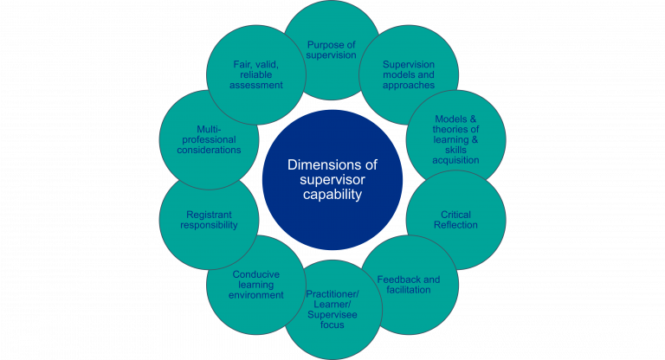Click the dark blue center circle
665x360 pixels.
tap(332, 180)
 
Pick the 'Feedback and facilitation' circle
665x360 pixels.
tap(409, 285)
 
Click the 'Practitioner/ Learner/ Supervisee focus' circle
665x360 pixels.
tap(332, 310)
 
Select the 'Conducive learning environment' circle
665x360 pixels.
tap(256, 285)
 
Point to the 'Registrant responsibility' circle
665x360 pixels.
tap(210, 220)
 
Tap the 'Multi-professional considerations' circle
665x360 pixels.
tap(210, 139)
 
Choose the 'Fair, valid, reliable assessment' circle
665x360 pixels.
tap(257, 74)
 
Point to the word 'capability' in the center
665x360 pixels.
tap(332, 195)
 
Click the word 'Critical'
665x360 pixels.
tap(455, 215)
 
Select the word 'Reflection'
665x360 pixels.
tap(455, 225)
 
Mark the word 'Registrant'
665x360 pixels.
tap(210, 215)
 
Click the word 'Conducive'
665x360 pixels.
tap(256, 274)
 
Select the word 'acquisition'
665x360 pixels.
tap(455, 159)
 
